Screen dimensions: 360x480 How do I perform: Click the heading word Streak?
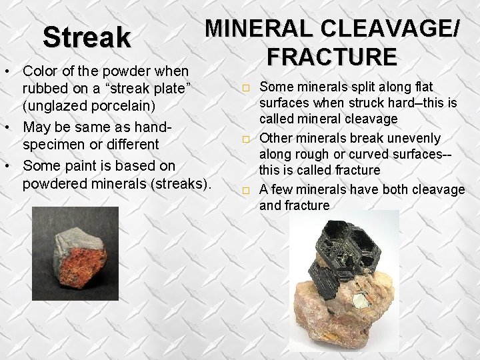click(87, 37)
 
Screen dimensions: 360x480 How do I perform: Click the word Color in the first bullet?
click(41, 70)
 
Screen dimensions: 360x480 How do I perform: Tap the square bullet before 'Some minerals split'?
click(245, 88)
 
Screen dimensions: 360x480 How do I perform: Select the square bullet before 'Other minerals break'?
click(245, 139)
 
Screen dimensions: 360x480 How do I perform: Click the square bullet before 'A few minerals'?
click(245, 191)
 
